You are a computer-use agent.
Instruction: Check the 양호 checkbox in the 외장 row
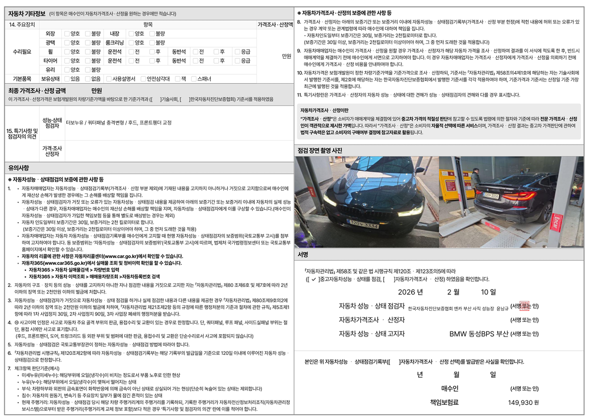pos(67,34)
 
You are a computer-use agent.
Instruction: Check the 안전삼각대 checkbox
pos(143,79)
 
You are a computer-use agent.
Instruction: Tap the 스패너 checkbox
pos(194,79)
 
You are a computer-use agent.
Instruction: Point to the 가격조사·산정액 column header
pos(275,24)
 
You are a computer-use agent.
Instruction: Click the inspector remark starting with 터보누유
pos(118,123)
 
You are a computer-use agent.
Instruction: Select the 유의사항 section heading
pos(19,167)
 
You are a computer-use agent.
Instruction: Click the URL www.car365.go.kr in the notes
pos(52,262)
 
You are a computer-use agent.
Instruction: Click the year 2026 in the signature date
pos(411,292)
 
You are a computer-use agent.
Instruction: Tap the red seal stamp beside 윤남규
pos(524,305)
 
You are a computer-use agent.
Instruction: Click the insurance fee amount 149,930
pos(519,402)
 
